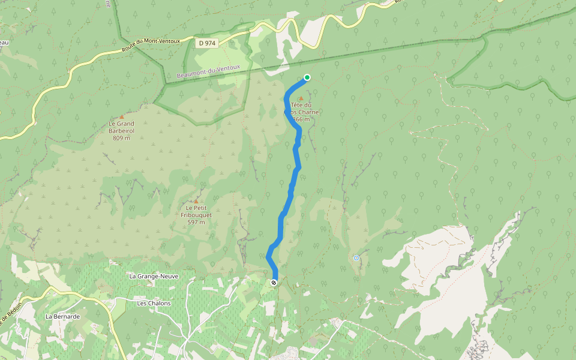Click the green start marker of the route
(307, 77)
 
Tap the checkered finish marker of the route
(274, 282)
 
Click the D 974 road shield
(207, 43)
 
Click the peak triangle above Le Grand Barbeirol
(121, 116)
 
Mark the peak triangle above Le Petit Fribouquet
(196, 201)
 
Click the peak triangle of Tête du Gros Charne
(301, 98)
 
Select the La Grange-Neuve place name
(150, 277)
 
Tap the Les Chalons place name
(154, 303)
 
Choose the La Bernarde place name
(62, 316)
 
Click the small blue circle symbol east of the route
(356, 258)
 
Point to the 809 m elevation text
(121, 138)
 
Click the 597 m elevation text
(196, 222)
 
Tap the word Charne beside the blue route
(310, 112)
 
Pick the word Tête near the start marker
(298, 105)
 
